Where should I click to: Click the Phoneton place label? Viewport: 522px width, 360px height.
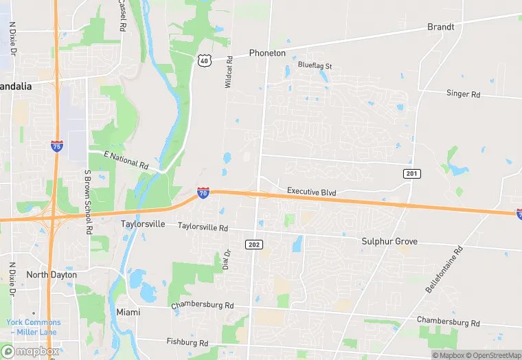pos(267,53)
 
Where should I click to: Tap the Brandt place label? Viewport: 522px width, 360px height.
pos(440,27)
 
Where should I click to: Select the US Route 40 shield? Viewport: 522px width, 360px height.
pos(204,60)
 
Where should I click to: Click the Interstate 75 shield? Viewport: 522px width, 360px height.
pos(57,146)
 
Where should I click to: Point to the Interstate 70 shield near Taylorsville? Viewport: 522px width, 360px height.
pos(203,193)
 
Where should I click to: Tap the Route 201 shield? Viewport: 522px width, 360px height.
pos(411,174)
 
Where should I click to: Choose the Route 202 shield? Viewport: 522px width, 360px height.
pos(253,244)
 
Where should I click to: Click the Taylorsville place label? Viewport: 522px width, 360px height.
pos(144,225)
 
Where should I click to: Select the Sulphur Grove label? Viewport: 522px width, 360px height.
pos(389,242)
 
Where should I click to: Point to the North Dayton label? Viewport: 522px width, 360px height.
pos(52,275)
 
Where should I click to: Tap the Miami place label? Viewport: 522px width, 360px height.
pos(128,312)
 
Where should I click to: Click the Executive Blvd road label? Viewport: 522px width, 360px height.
pos(311,192)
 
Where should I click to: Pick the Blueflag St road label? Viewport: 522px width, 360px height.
pos(315,66)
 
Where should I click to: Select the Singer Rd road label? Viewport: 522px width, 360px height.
pos(463,93)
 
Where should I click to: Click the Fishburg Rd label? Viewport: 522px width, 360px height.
pos(187,342)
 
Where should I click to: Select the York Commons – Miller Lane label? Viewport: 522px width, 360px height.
pos(34,327)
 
